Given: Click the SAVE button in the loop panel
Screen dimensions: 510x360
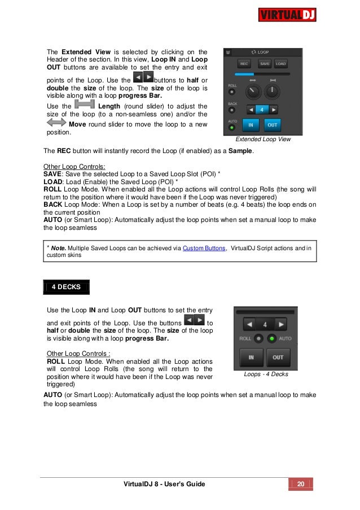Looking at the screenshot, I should click(264, 63).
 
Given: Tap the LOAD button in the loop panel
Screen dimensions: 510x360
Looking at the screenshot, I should click(280, 63).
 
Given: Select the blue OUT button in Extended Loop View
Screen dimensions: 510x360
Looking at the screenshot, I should click(273, 124).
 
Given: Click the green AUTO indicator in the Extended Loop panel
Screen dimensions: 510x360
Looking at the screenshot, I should click(232, 128).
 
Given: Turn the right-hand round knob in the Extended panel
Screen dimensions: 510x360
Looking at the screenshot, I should click(273, 90).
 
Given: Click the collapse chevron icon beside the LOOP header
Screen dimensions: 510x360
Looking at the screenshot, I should click(228, 51).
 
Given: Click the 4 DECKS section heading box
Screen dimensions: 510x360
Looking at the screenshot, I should click(66, 286).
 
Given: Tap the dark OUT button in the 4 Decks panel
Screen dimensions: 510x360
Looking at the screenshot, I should click(278, 358).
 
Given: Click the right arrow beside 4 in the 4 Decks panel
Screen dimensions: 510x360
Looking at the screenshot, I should click(281, 324).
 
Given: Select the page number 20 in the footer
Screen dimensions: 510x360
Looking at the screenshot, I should click(301, 484).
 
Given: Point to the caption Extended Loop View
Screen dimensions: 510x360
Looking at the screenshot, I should click(263, 139).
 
